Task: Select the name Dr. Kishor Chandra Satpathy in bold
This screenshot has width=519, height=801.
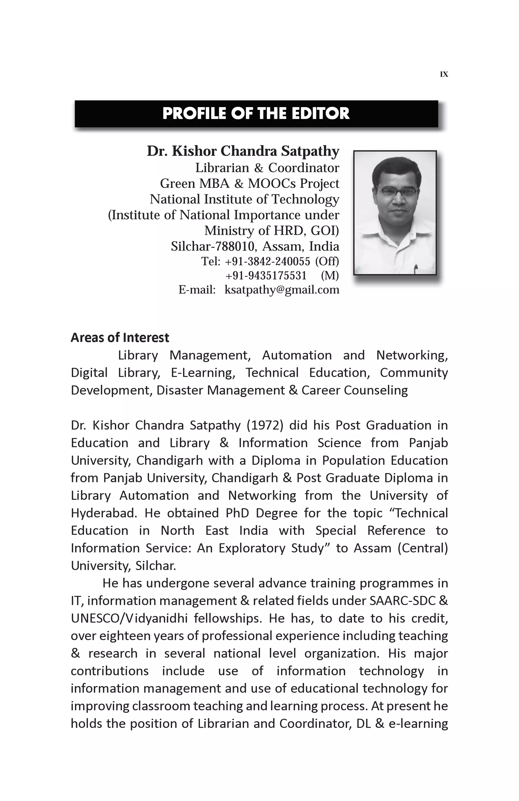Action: [x=243, y=151]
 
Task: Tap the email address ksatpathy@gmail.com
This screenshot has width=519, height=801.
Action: [x=282, y=290]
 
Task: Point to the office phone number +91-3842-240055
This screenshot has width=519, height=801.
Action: [x=267, y=261]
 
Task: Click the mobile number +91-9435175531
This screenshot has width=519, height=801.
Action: [x=266, y=276]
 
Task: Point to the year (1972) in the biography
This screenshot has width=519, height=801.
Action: [x=265, y=425]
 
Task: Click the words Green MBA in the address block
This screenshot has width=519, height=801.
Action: [x=194, y=184]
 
